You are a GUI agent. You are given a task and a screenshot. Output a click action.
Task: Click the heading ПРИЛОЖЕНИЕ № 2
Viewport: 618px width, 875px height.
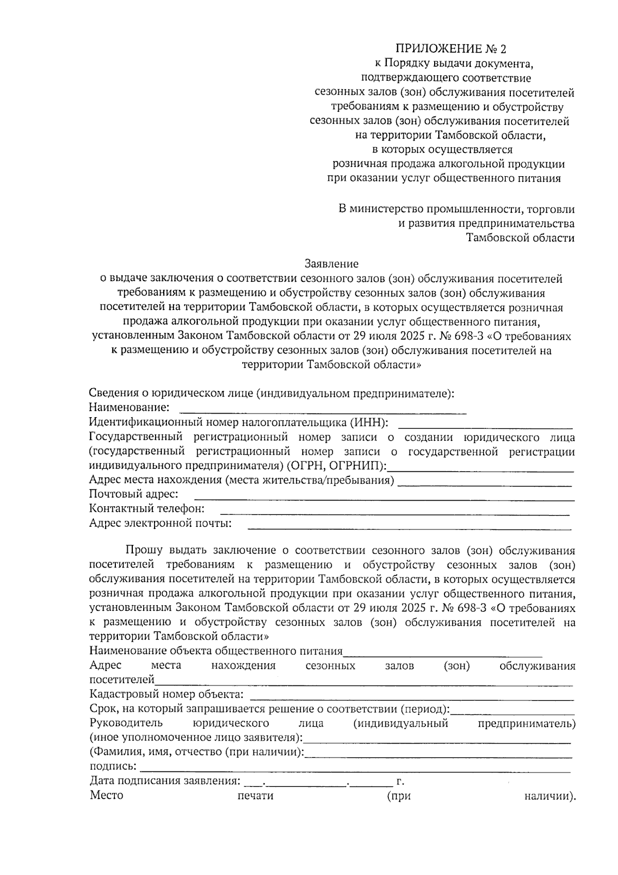coord(451,49)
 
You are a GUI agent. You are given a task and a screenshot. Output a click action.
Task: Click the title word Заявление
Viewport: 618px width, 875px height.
coord(331,264)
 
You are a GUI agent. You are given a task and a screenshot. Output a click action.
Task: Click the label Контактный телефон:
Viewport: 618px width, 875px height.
coord(147,509)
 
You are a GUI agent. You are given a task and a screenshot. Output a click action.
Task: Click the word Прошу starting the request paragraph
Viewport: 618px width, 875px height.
coord(144,550)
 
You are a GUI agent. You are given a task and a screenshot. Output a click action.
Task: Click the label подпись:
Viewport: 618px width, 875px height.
coord(113,766)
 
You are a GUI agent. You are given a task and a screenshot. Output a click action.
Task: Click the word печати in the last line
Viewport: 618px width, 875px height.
coord(255,796)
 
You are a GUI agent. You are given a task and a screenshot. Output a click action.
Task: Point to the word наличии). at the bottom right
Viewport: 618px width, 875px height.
coord(550,796)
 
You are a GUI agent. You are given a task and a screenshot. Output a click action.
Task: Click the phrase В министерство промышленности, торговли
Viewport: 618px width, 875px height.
coord(456,209)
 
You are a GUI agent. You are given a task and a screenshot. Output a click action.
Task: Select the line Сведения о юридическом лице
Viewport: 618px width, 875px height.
coord(271,393)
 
